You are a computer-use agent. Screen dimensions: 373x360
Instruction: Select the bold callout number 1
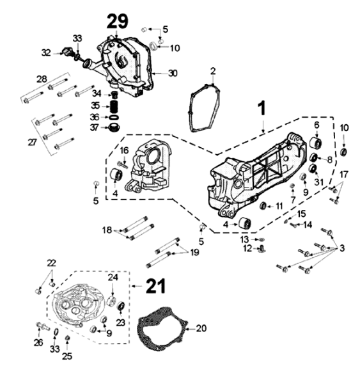[x=262, y=110]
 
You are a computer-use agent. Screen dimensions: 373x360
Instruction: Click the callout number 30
[x=173, y=73]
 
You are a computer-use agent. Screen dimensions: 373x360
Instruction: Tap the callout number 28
[x=42, y=79]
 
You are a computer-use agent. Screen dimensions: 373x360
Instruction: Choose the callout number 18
[x=107, y=229]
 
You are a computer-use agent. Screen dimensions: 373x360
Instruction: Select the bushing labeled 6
[x=315, y=142]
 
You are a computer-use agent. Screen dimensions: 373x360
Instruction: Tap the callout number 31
[x=319, y=182]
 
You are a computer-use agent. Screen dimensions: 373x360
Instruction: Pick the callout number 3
[x=343, y=247]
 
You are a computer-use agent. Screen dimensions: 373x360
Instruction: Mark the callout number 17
[x=343, y=174]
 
